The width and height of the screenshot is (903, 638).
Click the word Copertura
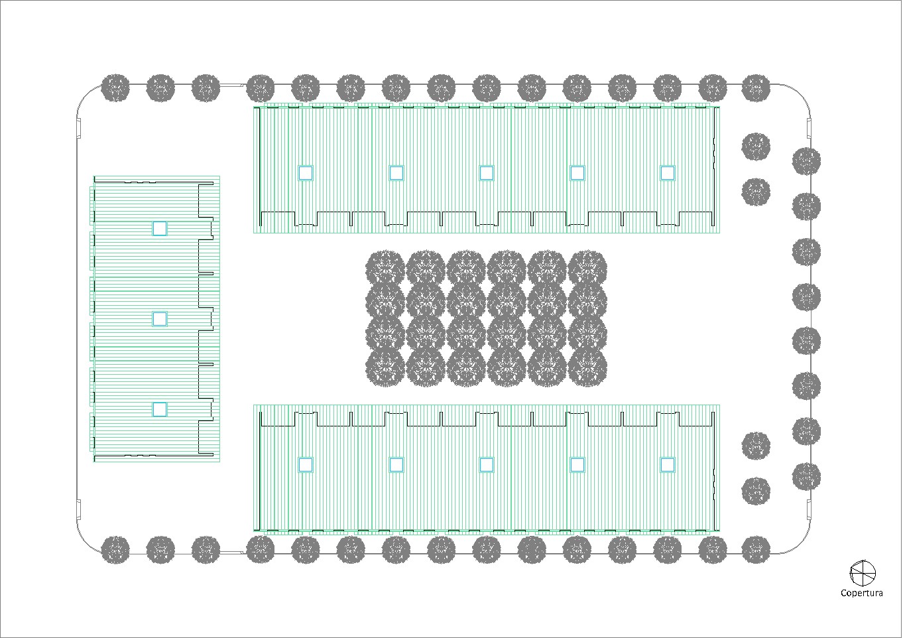pos(861,593)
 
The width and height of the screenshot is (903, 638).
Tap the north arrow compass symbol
pos(863,572)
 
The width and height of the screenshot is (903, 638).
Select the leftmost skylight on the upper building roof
pos(305,173)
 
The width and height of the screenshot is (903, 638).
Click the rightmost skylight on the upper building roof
pos(668,173)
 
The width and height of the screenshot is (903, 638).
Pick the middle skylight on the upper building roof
pos(487,173)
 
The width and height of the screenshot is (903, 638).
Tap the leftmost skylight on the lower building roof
pos(305,465)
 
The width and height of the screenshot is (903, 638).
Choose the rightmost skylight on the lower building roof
pos(668,465)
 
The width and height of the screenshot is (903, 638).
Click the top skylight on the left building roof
pos(160,229)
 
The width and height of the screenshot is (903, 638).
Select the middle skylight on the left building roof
pos(160,319)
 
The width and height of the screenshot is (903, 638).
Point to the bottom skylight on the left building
pos(160,409)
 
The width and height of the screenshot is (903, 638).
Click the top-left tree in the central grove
pos(385,269)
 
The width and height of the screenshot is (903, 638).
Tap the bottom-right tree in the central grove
pos(587,367)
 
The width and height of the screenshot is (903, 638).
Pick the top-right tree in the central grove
pos(587,269)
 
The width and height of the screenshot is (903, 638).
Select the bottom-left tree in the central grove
pos(385,367)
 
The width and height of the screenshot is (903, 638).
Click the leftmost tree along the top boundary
pos(115,88)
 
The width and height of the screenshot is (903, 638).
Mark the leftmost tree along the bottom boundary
pos(115,550)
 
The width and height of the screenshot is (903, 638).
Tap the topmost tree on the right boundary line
pos(806,162)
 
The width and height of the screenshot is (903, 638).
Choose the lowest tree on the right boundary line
pos(806,476)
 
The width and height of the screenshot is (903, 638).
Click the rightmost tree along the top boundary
pos(756,88)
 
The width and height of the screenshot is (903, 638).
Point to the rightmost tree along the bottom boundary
pos(756,550)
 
